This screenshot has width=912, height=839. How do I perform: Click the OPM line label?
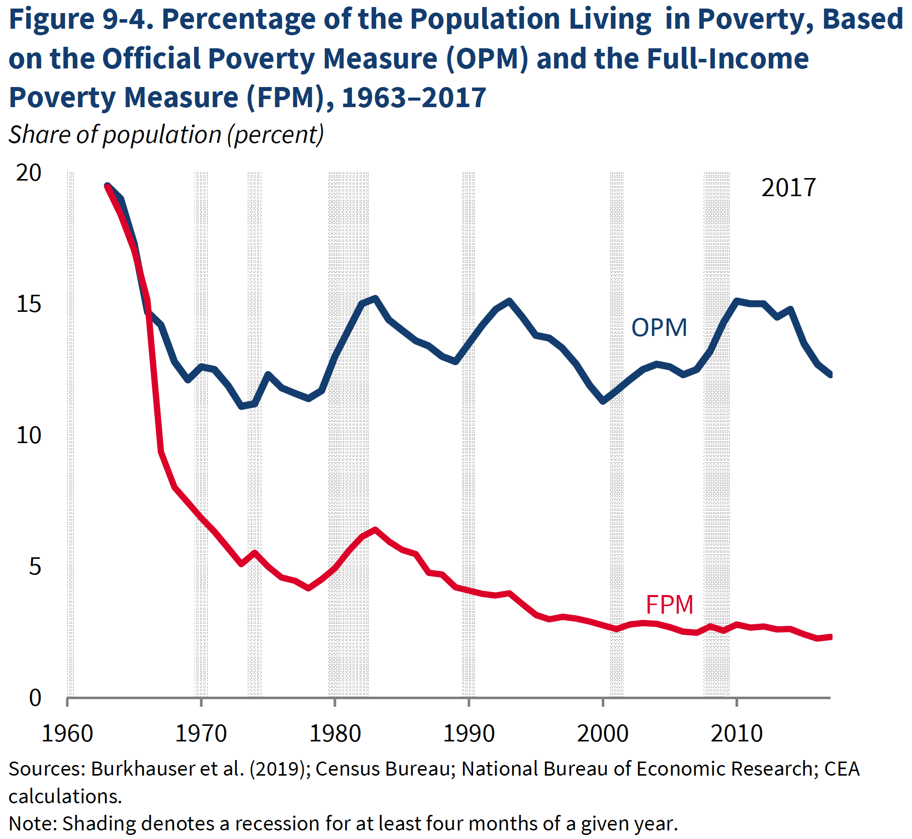coord(659,327)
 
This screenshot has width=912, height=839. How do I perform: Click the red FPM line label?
coord(669,605)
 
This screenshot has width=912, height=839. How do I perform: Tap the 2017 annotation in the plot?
coord(788,188)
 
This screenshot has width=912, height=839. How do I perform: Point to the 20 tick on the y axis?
coord(29,173)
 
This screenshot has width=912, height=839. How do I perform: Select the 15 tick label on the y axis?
coord(29,304)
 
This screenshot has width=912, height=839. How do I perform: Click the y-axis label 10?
coord(29,436)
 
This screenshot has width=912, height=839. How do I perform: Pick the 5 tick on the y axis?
coord(35,567)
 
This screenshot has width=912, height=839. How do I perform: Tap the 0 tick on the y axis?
coord(35,698)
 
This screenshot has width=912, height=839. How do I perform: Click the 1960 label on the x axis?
coord(67,733)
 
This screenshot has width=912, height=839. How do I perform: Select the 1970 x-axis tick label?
coord(201,733)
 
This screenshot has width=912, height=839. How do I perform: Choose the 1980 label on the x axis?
coord(335,733)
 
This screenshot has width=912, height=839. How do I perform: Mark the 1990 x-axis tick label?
coord(469,733)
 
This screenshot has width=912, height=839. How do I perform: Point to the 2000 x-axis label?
coord(602,733)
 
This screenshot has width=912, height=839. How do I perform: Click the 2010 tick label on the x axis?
coord(737,733)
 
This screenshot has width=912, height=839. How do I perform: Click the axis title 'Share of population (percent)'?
coord(166,135)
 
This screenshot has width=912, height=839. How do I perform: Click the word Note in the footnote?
coord(32,823)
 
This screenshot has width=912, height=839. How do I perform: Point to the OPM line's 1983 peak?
coord(375,298)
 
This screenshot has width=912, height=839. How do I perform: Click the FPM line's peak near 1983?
coord(375,530)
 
